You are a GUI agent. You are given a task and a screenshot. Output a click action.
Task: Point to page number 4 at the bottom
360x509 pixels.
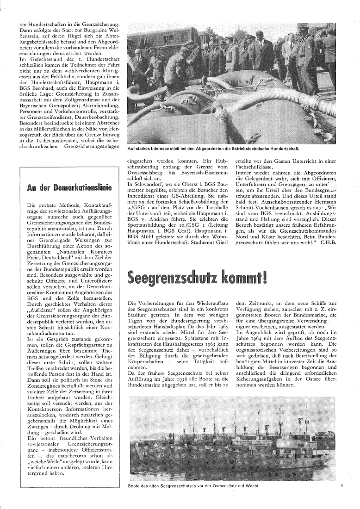coord(341,486)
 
